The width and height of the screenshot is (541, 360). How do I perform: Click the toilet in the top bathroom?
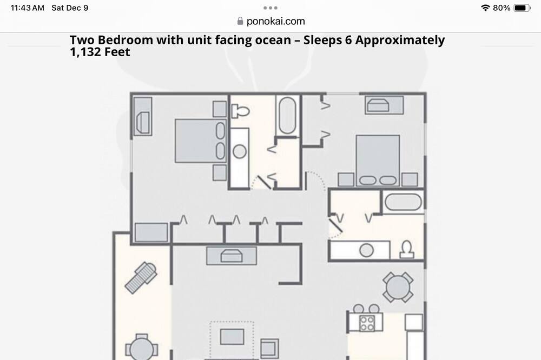click(240, 111)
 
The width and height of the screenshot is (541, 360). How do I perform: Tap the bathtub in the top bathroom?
click(287, 116)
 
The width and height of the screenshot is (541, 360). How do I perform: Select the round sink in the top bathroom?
click(240, 151)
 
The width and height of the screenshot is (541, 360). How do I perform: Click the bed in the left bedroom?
click(201, 141)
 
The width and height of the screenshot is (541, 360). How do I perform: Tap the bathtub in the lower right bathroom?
click(403, 202)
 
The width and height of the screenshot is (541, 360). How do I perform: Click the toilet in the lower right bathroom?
click(407, 249)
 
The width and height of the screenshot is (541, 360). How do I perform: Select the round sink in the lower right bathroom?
click(366, 250)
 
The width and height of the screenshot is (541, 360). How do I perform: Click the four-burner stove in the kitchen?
click(366, 323)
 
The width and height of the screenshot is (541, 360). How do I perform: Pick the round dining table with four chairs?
click(398, 287)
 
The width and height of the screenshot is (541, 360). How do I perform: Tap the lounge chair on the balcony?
click(141, 278)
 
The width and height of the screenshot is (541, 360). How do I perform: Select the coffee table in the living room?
click(232, 337)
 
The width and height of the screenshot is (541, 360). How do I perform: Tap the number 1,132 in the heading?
click(85, 52)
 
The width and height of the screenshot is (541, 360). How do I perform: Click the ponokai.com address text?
click(276, 22)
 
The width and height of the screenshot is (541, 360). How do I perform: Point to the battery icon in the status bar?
click(522, 8)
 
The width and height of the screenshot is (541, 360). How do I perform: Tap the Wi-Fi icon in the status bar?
click(485, 8)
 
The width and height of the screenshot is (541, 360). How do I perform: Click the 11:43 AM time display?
click(28, 8)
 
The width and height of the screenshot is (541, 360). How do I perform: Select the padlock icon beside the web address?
click(240, 21)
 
